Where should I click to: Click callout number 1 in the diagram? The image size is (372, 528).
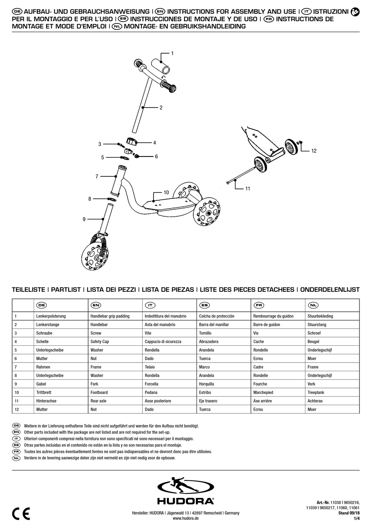(x=172, y=53)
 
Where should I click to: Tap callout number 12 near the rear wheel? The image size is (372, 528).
(x=314, y=151)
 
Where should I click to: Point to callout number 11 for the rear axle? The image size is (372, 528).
(x=247, y=189)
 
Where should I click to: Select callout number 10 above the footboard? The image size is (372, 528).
(x=166, y=192)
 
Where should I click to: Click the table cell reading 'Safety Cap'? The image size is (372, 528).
(x=100, y=341)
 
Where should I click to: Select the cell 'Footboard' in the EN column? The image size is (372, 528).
(x=99, y=392)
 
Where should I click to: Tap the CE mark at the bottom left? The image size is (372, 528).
(x=21, y=514)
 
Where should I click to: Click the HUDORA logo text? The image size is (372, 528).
(x=186, y=501)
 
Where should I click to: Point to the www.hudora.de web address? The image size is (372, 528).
(x=186, y=519)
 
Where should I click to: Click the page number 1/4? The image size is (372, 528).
(x=356, y=519)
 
